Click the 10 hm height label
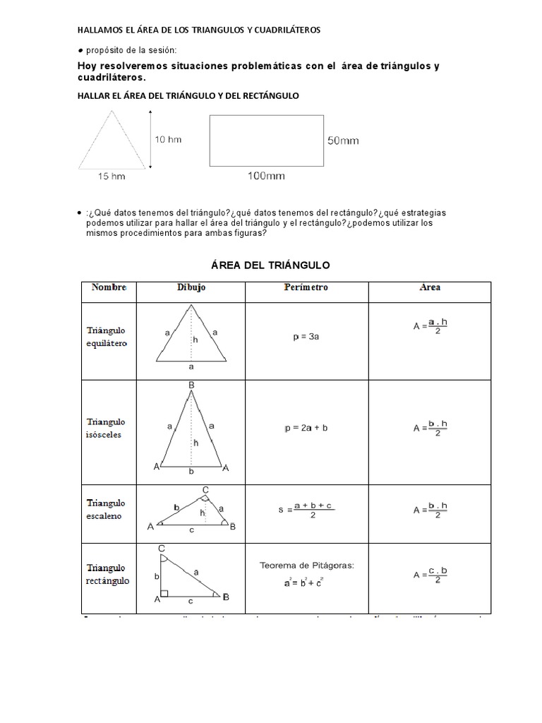168,139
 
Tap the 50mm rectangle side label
343,141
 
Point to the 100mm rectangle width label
266,176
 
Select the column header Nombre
109,287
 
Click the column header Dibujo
191,287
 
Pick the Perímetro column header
306,287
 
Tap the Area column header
430,287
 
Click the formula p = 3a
307,337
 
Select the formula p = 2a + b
306,429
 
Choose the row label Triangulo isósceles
106,428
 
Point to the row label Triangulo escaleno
106,509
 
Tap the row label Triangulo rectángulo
107,574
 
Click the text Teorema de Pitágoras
306,566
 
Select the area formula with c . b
430,575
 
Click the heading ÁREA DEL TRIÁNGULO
271,265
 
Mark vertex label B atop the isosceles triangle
191,385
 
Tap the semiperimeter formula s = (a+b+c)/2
306,509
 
